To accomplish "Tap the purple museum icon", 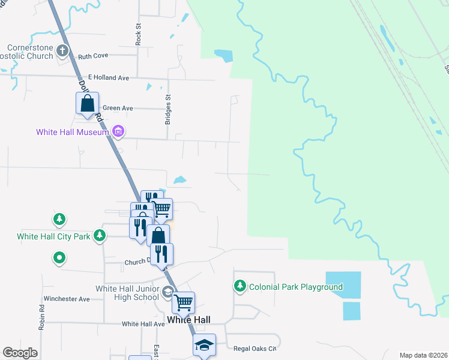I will coord(118,130).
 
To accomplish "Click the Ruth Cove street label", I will coord(93,56).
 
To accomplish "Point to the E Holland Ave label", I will coord(109,77).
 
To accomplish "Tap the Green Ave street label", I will coord(117,109).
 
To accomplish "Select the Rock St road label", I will coord(138,35).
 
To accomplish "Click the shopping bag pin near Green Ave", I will coord(88,103).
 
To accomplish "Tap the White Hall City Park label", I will coord(53,236).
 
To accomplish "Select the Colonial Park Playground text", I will coord(296,287).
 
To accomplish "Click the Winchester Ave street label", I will coord(67,299).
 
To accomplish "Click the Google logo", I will coord(20,353).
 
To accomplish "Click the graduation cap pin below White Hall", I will coord(203,346).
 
